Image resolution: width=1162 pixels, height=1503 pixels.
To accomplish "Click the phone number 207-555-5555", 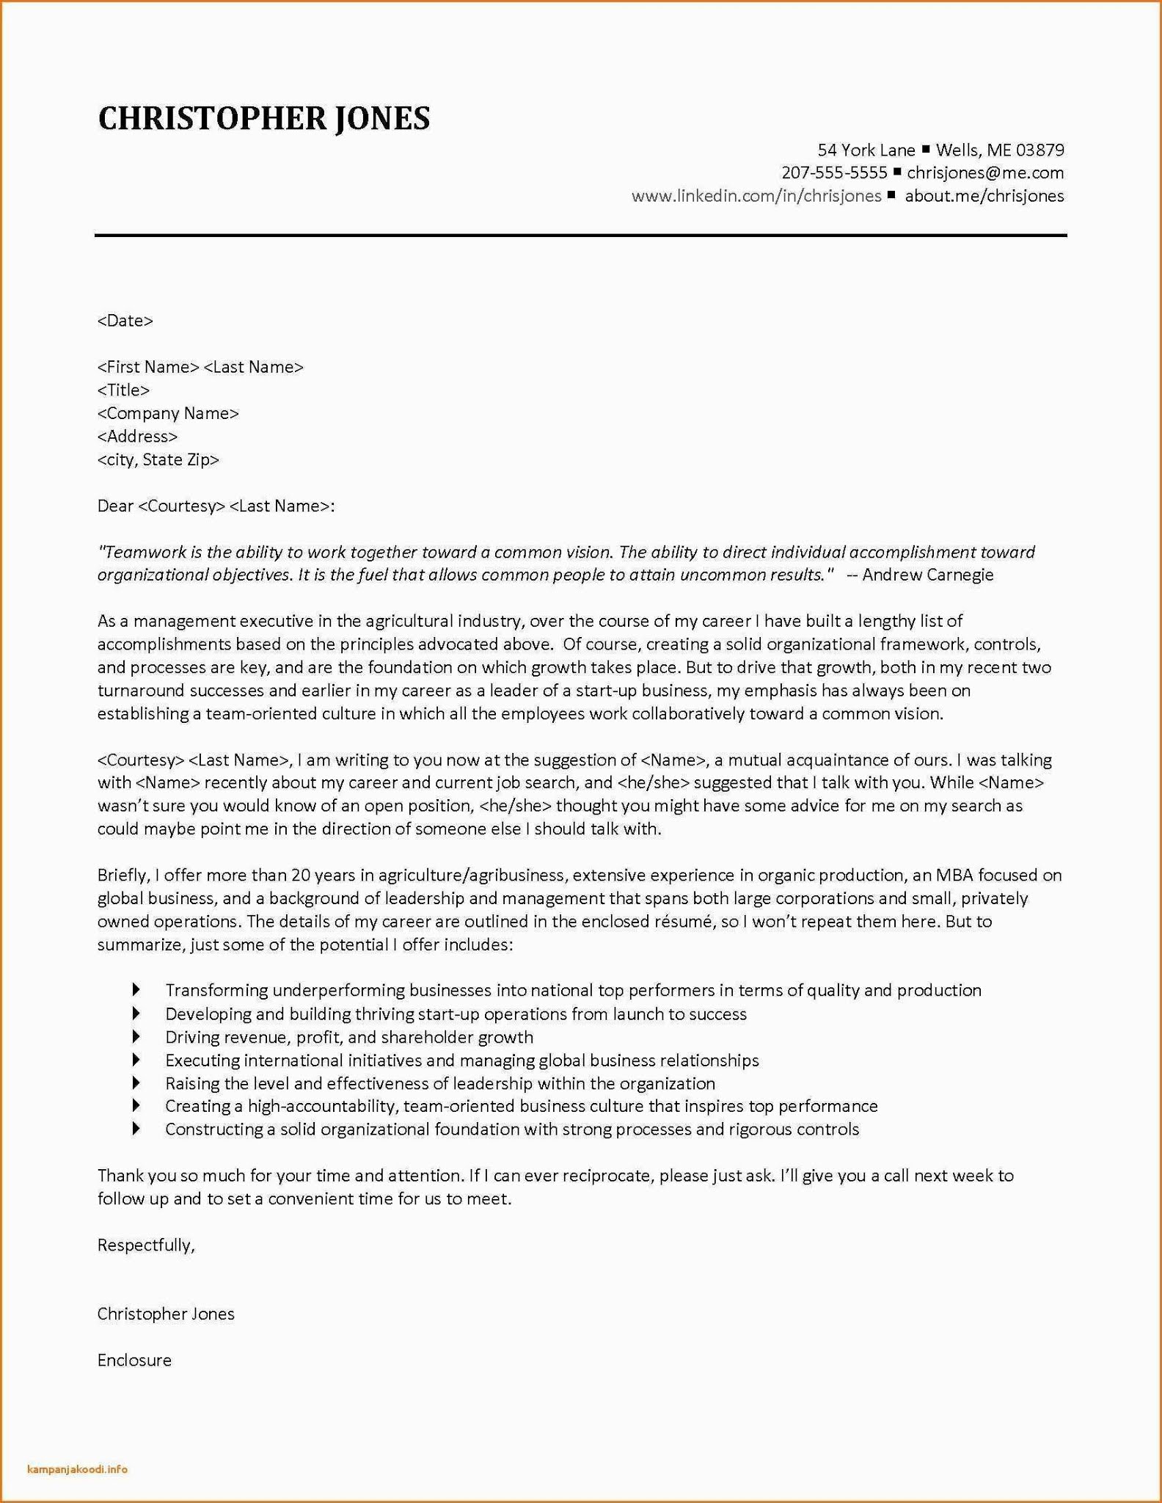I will pos(834,173).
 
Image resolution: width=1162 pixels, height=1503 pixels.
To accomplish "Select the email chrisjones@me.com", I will pos(984,173).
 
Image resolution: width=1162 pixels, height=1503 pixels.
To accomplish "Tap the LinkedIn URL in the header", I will pos(756,196).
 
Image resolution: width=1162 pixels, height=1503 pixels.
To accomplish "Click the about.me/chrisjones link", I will pos(984,196).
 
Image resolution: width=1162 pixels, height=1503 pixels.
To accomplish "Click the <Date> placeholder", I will pos(125,321).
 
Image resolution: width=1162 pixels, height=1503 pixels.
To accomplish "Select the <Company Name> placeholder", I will pos(168,414).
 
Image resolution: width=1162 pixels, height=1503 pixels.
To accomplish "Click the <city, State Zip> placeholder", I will pos(158,460).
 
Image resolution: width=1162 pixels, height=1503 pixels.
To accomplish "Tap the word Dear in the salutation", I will pos(115,506).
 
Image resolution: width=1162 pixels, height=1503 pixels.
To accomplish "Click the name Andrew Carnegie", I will pos(927,575).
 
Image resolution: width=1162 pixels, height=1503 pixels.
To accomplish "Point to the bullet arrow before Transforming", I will pos(136,990).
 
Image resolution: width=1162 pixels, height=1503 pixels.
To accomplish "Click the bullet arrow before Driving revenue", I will pos(136,1036).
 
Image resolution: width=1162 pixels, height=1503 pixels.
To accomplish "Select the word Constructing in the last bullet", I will pos(213,1129).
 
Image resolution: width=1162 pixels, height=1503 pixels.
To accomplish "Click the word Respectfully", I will pos(145,1245).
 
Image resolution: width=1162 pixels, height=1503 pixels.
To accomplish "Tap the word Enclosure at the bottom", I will pos(134,1361).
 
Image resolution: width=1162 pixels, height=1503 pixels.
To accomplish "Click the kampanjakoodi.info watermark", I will pos(77,1469).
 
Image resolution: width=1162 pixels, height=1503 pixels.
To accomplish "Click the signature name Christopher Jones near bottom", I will pos(166,1314).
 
